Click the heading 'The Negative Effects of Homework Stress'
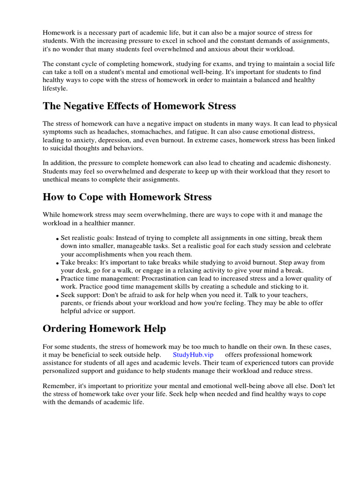pyautogui.click(x=139, y=106)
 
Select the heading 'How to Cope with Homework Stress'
pyautogui.click(x=127, y=197)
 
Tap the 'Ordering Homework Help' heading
pyautogui.click(x=104, y=329)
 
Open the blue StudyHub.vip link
pyautogui.click(x=193, y=354)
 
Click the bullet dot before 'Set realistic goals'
pyautogui.click(x=58, y=239)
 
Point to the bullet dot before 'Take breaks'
pyautogui.click(x=58, y=263)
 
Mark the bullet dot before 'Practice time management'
pyautogui.click(x=58, y=279)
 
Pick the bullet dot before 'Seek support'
pyautogui.click(x=58, y=296)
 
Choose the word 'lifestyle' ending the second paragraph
pyautogui.click(x=55, y=88)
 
